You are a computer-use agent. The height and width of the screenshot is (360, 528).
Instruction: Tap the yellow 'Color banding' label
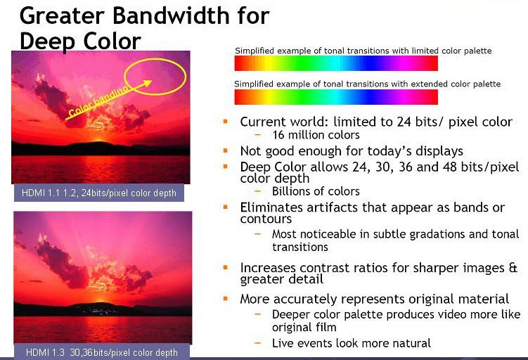pyautogui.click(x=98, y=103)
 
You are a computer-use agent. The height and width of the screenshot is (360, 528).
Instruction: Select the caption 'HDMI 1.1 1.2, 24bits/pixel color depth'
pyautogui.click(x=99, y=193)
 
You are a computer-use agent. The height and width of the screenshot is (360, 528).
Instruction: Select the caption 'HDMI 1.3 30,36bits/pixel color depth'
pyautogui.click(x=102, y=352)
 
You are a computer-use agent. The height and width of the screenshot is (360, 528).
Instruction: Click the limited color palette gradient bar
pyautogui.click(x=336, y=63)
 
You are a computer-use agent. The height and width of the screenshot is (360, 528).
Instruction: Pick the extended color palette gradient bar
pyautogui.click(x=336, y=96)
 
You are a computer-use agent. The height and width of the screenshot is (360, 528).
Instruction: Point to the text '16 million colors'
pyautogui.click(x=316, y=135)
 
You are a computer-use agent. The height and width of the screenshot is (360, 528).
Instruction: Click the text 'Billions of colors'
pyautogui.click(x=316, y=191)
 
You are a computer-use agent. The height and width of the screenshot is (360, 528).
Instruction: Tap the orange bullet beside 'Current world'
pyautogui.click(x=226, y=121)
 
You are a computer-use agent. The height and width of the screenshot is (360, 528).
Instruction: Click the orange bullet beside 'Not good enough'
pyautogui.click(x=226, y=150)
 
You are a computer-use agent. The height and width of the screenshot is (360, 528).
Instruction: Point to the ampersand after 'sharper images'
pyautogui.click(x=513, y=267)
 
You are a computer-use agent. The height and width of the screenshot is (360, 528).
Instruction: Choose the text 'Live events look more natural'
pyautogui.click(x=352, y=343)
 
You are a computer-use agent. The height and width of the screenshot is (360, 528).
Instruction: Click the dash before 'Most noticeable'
pyautogui.click(x=258, y=233)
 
